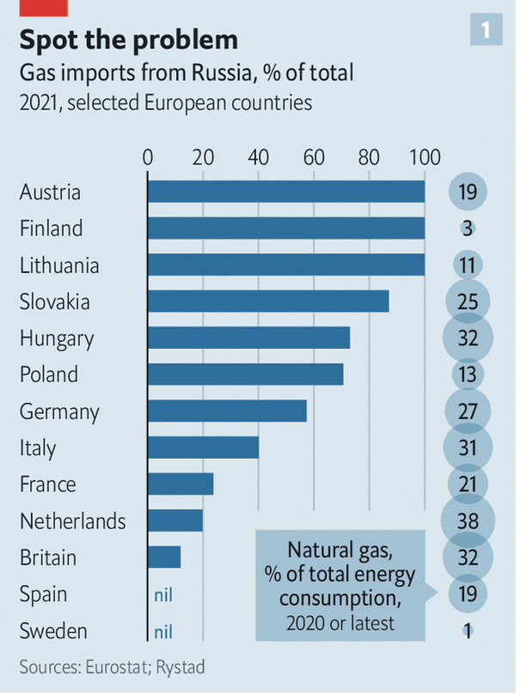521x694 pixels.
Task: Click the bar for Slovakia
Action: click(x=268, y=301)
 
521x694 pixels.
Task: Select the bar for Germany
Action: click(x=227, y=411)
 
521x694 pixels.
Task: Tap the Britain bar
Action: click(x=164, y=557)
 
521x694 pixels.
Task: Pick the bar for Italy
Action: click(x=203, y=447)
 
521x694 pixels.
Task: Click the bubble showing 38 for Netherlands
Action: click(x=468, y=520)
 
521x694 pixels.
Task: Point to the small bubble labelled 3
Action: click(x=468, y=228)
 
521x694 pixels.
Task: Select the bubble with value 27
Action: click(x=468, y=411)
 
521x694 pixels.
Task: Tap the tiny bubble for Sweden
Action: click(x=468, y=630)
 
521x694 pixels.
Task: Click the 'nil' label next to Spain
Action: click(x=163, y=594)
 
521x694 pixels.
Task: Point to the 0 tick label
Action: click(x=148, y=158)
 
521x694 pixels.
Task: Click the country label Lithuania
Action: click(x=59, y=265)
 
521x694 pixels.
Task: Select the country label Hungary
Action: click(x=57, y=338)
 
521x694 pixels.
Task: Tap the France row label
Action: click(x=47, y=484)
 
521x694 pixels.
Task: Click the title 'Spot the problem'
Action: click(x=128, y=40)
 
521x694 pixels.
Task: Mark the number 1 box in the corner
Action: click(x=486, y=32)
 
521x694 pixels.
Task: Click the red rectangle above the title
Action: click(x=43, y=6)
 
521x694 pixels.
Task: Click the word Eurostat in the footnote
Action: click(x=114, y=667)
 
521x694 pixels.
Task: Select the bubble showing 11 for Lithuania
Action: click(x=468, y=265)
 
